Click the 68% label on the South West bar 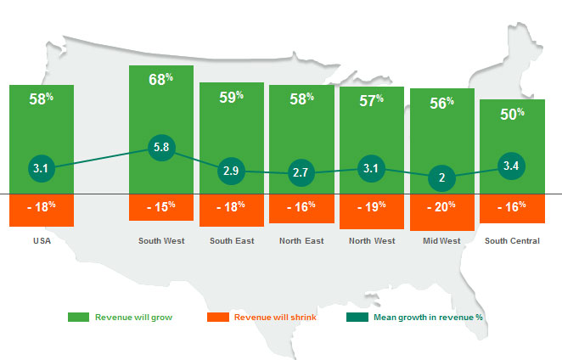coord(161,79)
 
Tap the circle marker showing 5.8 coord(161,148)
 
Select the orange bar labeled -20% coord(442,212)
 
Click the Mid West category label coord(442,241)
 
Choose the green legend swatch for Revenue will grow coord(79,317)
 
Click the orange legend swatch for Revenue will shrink coord(218,317)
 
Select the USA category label coord(42,241)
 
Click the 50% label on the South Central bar coord(512,114)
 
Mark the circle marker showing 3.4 coord(512,166)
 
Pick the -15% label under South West coord(161,205)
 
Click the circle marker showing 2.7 coord(301,174)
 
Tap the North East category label coord(301,241)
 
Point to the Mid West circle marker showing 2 coord(442,178)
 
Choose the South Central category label coord(512,241)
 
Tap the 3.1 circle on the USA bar coord(42,169)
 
